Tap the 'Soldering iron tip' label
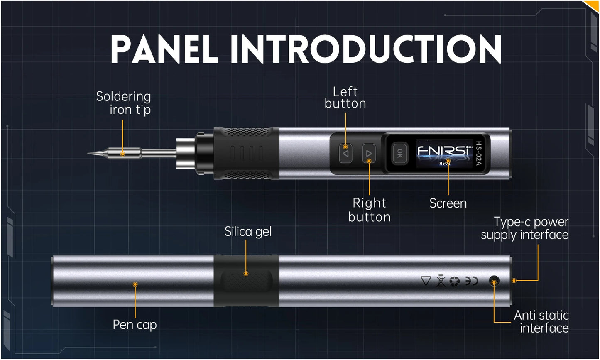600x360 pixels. click(123, 103)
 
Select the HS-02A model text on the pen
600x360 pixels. click(479, 154)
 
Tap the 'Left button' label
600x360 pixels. click(345, 98)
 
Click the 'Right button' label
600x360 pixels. click(369, 210)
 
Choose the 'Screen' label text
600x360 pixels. click(448, 203)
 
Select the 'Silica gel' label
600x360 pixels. click(248, 232)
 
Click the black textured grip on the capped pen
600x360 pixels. click(246, 282)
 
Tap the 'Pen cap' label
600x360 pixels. click(135, 324)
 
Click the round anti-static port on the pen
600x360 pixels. click(494, 282)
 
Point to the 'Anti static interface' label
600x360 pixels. click(541, 322)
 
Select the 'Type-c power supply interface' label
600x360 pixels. click(525, 228)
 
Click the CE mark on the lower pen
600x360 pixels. click(471, 282)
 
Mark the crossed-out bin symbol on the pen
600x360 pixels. click(441, 282)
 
